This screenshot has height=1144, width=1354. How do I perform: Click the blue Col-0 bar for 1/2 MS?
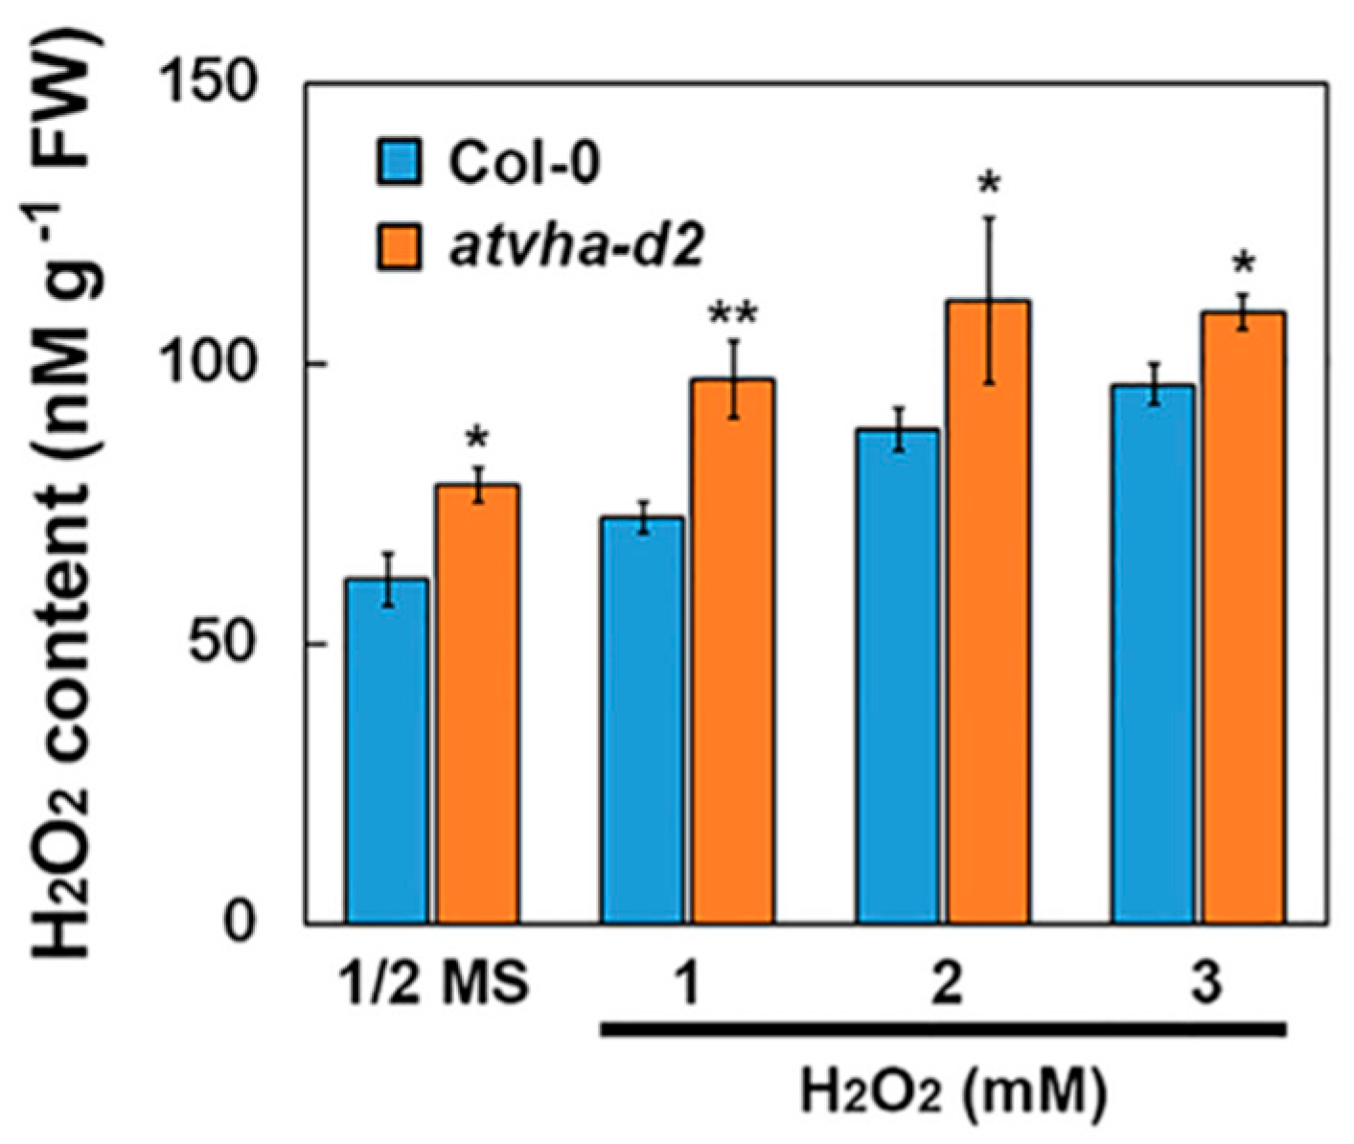coord(386,751)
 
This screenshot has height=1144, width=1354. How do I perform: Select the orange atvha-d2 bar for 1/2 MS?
coord(477,704)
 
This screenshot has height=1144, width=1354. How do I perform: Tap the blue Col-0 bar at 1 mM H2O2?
coord(642,721)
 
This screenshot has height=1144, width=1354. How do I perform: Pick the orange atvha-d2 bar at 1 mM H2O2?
coord(733,652)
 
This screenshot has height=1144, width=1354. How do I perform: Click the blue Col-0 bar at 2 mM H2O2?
coord(898,676)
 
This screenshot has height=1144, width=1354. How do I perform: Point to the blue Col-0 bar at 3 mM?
coord(1154,654)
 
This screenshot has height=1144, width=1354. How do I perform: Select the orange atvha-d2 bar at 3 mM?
coord(1244,618)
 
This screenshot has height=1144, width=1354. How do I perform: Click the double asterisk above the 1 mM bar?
coord(733,315)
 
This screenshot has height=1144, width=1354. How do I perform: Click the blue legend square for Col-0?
coord(397,164)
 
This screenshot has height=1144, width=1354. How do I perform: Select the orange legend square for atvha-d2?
coord(397,247)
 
